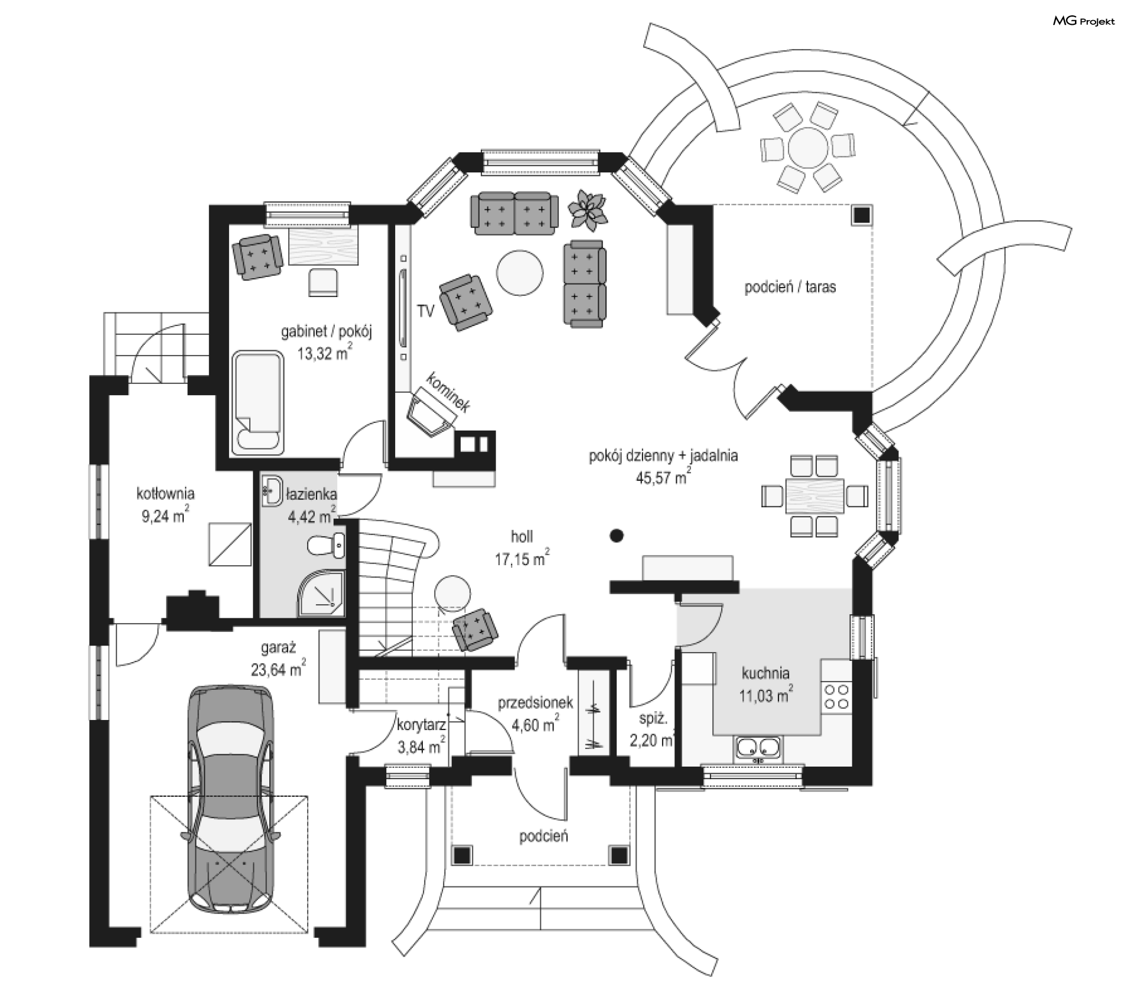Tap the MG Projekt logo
tap(1084, 21)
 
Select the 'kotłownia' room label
tap(165, 493)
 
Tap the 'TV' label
tap(425, 311)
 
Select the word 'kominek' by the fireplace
tap(448, 392)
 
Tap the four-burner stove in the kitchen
tap(836, 696)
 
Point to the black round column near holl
tap(617, 536)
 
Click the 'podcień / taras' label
tap(790, 288)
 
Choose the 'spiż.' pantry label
tap(653, 719)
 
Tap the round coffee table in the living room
tap(520, 273)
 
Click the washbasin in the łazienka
tap(272, 490)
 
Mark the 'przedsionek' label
tap(535, 702)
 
